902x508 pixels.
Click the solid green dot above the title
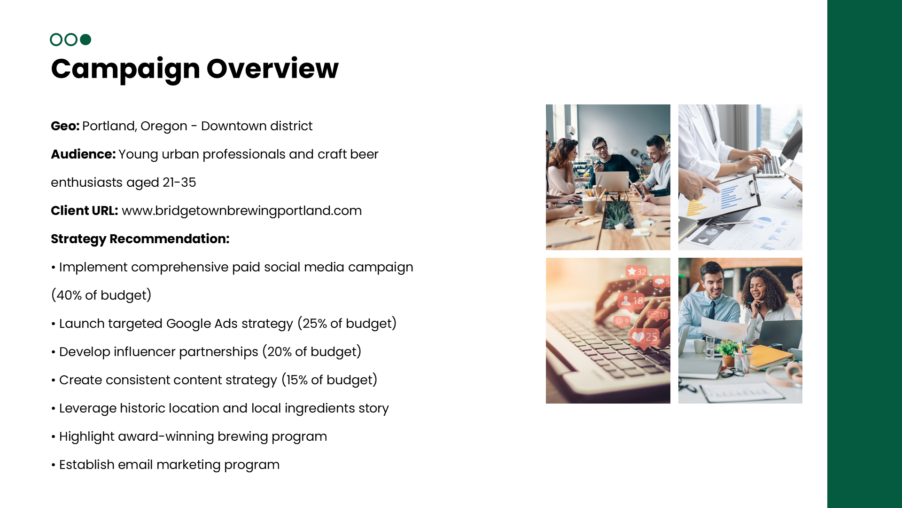86,40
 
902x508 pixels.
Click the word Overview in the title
272,69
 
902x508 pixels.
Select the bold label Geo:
65,126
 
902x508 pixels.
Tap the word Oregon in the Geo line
163,126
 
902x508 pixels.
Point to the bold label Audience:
83,154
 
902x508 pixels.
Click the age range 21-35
179,183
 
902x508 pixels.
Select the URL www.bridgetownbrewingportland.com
241,211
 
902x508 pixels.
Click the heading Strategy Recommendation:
140,239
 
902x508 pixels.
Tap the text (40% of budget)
101,295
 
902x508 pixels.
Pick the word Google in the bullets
188,324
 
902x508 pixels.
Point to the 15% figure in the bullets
297,380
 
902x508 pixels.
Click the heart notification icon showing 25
644,337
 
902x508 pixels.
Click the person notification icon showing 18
631,301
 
